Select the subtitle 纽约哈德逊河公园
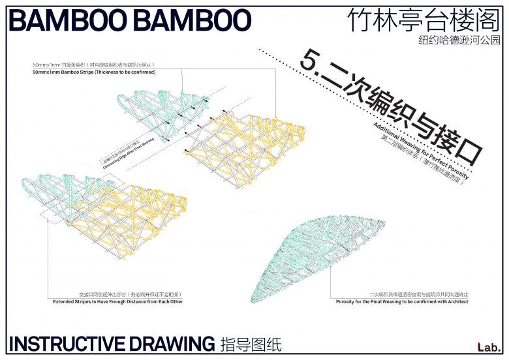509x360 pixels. pos(459,40)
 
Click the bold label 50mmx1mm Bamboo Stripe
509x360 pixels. pos(93,72)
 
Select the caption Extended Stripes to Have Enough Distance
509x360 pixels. pos(117,302)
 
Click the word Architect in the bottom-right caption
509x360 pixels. pos(454,302)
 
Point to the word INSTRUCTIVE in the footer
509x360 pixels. pos(67,343)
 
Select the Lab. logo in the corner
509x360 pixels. pos(488,346)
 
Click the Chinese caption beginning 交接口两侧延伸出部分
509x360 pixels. pos(117,295)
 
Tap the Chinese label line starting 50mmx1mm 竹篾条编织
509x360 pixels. pos(93,65)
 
